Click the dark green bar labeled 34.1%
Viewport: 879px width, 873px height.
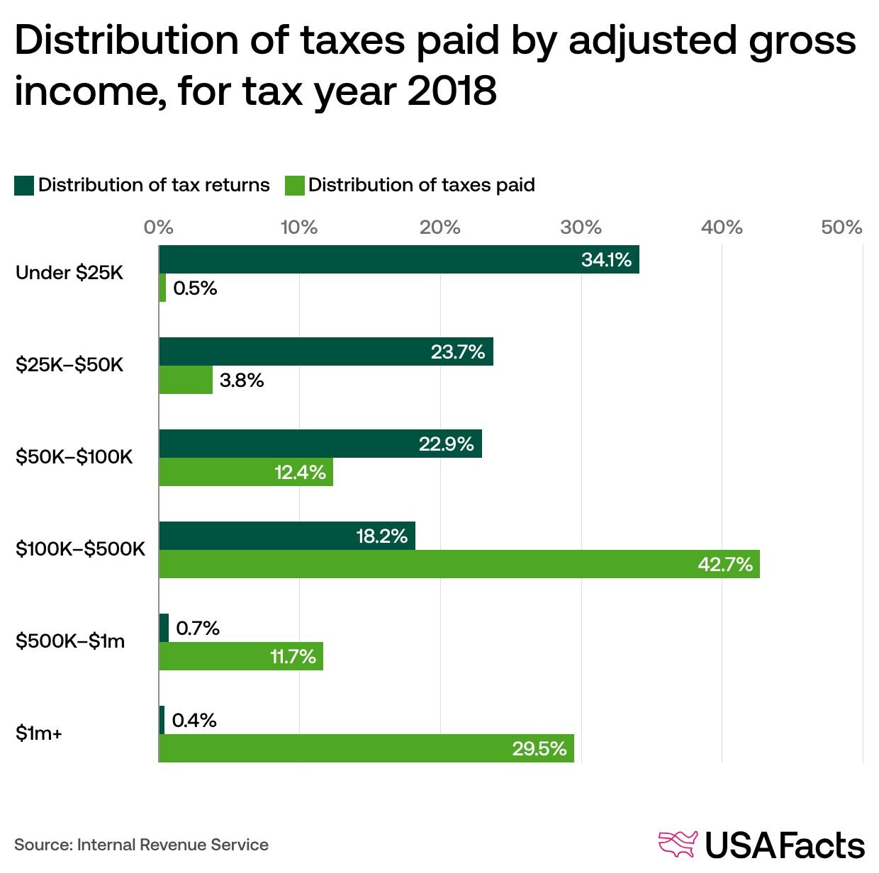pos(398,259)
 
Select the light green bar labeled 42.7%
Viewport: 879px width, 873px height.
pos(459,564)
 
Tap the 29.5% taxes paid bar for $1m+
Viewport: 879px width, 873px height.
pos(366,748)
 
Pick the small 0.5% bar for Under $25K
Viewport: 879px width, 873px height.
pos(162,288)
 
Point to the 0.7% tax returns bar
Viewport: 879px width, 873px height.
pos(164,628)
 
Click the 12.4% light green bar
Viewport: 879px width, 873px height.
pos(245,472)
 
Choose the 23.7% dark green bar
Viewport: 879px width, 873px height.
pos(325,351)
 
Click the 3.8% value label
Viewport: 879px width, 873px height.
pos(242,381)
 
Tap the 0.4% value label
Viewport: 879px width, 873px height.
pos(194,721)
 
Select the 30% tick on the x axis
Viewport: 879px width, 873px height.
pos(581,227)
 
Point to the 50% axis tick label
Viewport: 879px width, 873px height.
pos(841,227)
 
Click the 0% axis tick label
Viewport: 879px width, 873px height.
pos(158,227)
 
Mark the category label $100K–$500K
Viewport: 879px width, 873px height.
pos(80,549)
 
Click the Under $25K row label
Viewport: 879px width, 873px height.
pos(69,273)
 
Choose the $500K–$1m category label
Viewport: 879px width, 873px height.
pos(70,641)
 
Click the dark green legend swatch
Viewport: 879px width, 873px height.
pos(24,186)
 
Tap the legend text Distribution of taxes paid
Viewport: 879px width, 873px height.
pos(421,186)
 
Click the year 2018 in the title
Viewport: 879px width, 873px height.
pos(452,92)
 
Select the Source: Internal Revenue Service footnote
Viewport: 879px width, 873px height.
pos(141,845)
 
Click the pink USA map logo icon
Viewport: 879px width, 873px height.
pos(678,844)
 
